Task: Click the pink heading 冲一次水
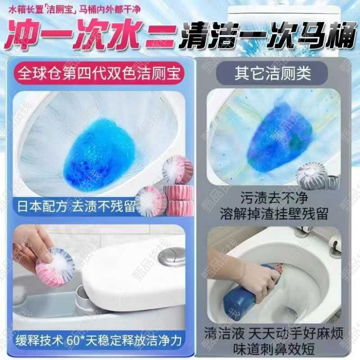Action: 73,34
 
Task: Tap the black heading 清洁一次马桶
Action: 268,36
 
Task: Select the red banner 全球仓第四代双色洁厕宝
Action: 99,73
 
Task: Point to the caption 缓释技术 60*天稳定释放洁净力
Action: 99,340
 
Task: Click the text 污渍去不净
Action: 274,198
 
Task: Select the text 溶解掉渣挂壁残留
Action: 274,214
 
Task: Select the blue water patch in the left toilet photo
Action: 99,154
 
